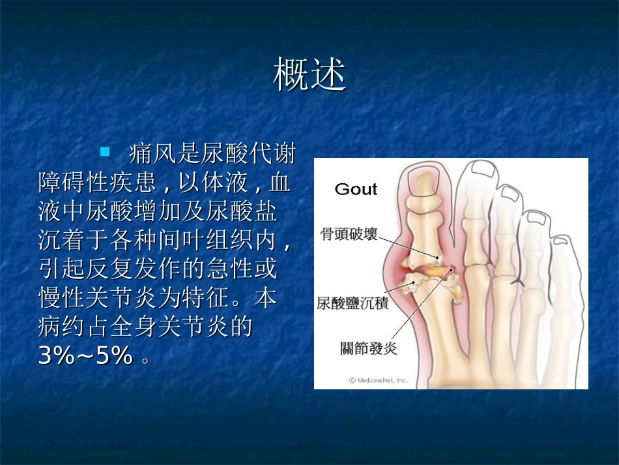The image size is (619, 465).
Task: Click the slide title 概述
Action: [x=309, y=75]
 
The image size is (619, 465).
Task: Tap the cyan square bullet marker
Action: [x=105, y=153]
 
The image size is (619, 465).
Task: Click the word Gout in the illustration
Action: [x=356, y=189]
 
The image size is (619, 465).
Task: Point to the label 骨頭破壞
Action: [x=349, y=233]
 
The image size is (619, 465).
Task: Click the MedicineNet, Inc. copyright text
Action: [x=378, y=380]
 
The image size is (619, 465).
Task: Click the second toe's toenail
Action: [x=487, y=170]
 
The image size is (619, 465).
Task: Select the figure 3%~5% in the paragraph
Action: [x=86, y=355]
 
